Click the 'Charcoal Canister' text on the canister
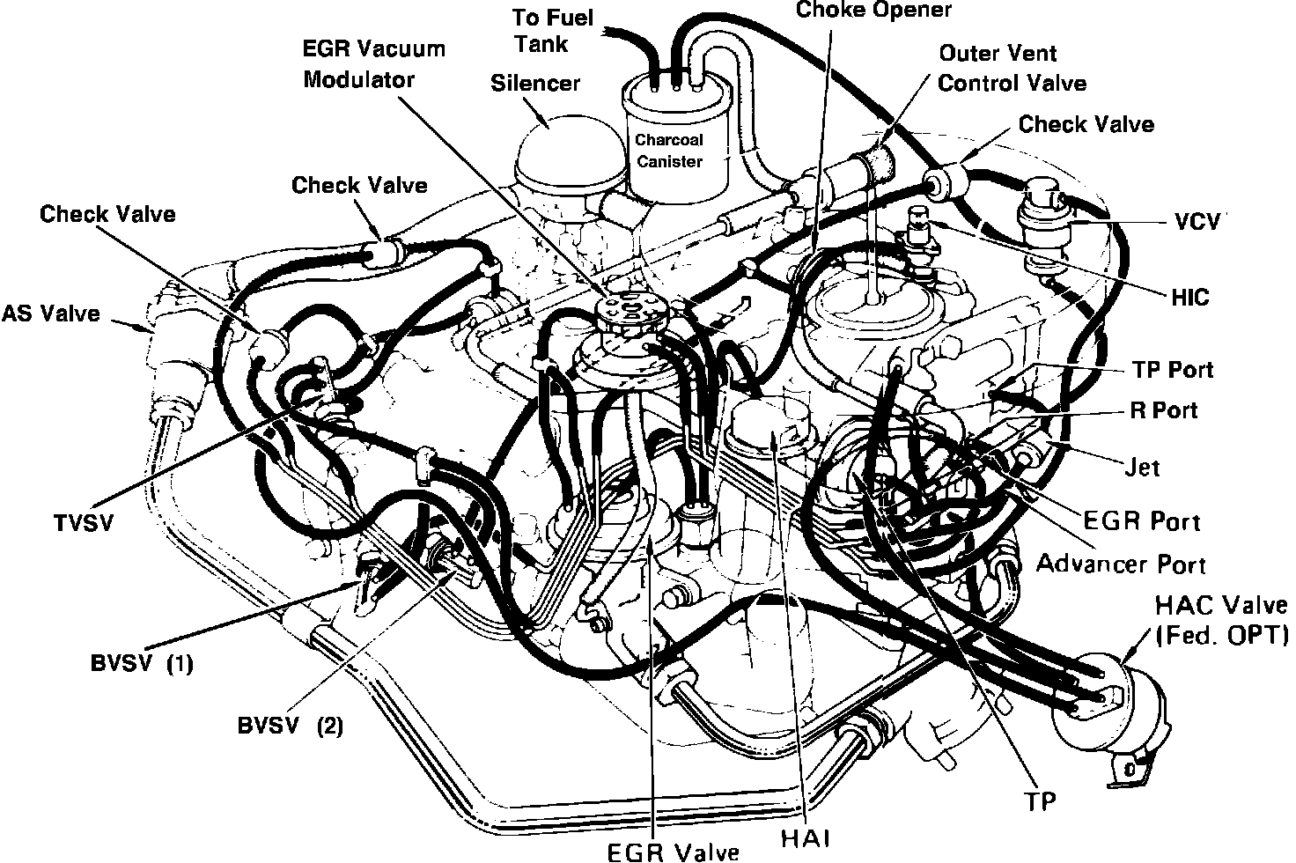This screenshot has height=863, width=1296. point(670,151)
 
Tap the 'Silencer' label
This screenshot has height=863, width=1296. point(535,83)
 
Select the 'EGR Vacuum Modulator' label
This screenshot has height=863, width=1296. point(374,63)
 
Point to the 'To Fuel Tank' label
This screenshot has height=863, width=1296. point(555,31)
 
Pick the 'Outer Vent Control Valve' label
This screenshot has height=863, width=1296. point(1012,68)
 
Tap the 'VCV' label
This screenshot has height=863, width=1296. point(1198,222)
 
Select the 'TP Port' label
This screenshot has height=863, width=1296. point(1171,369)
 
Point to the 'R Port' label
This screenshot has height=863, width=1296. point(1164,410)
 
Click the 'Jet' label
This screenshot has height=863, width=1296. point(1143,467)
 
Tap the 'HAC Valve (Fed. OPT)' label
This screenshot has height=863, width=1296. point(1221,620)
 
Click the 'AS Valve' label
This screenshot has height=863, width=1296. point(51,313)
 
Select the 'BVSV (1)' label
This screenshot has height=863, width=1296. point(142,663)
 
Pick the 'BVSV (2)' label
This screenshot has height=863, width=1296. point(291,726)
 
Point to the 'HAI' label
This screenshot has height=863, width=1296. point(806,837)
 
